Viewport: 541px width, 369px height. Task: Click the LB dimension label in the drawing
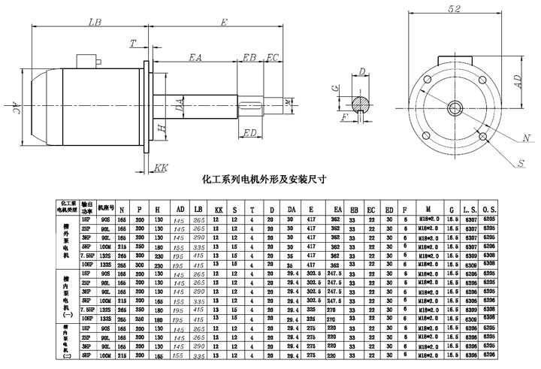pos(95,23)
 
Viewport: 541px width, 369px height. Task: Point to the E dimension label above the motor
pos(224,23)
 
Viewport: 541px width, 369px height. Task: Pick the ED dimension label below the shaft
pos(251,133)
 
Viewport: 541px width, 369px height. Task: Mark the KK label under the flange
pos(160,168)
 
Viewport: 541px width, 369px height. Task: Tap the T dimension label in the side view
pos(132,44)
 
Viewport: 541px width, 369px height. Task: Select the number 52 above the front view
pos(455,10)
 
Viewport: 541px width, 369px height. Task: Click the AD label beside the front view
pos(518,82)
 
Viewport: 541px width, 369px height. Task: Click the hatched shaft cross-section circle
pos(362,101)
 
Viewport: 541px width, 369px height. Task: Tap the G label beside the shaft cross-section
pos(335,88)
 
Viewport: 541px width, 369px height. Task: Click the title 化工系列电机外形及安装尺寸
pos(265,180)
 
